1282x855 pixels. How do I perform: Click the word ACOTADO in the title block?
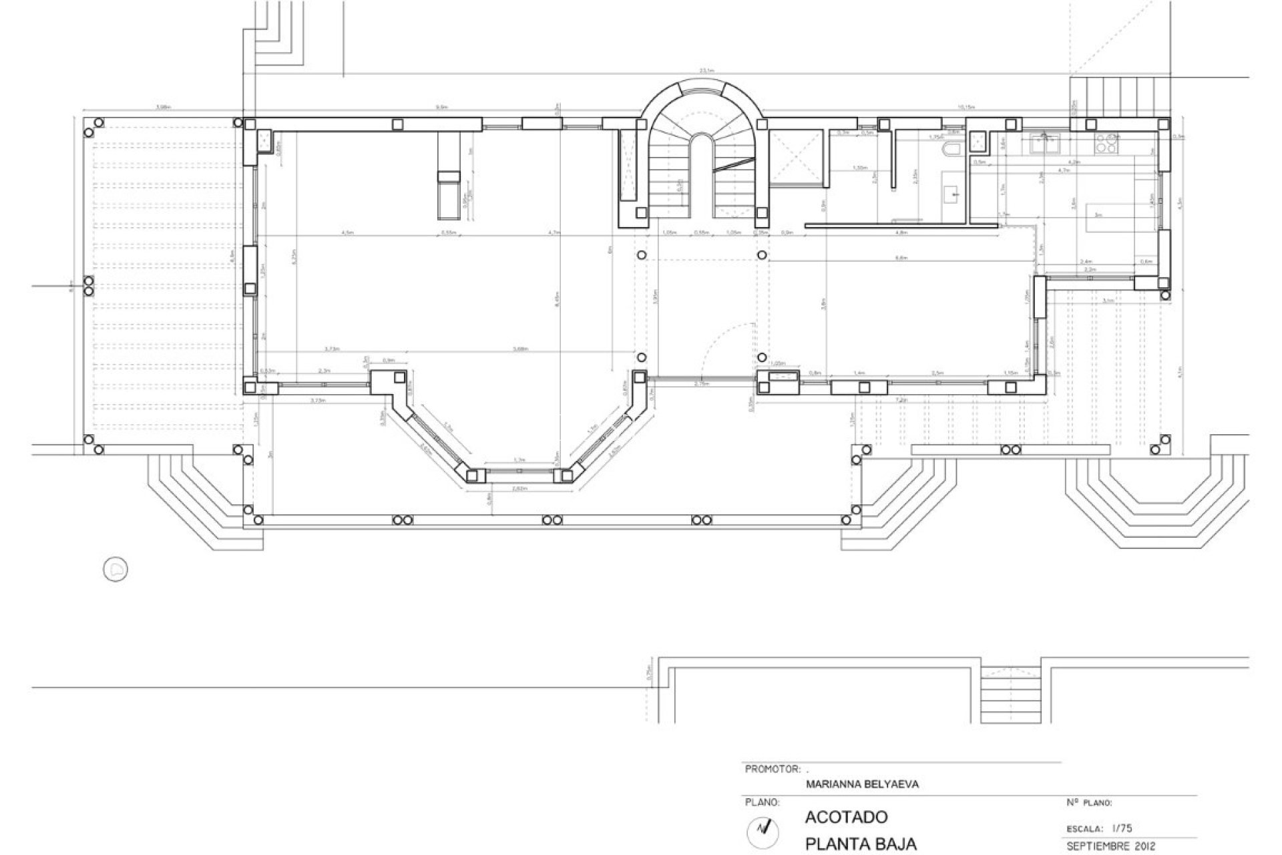846,817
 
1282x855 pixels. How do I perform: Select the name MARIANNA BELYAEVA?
862,784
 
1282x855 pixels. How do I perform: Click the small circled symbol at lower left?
116,569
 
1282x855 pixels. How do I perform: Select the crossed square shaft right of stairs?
795,156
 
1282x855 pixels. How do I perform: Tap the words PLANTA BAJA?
861,844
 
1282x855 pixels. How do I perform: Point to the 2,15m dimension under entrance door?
702,385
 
